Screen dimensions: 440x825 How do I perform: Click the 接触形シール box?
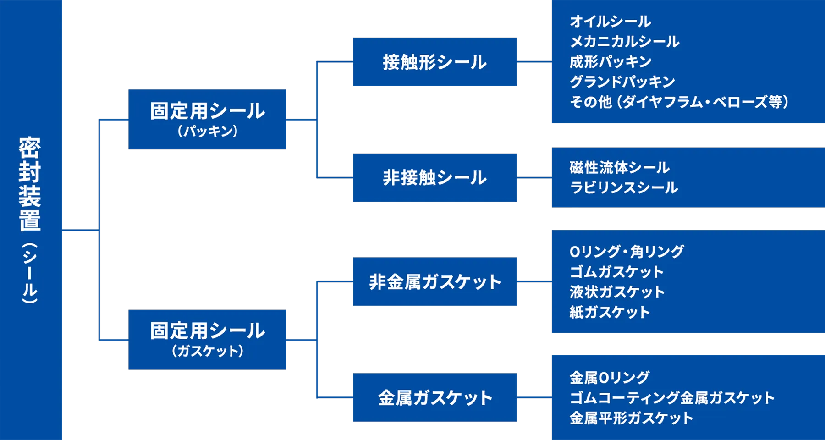[434, 62]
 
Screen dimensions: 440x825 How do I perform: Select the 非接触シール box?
[434, 177]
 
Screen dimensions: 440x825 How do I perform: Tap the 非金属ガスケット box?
[434, 281]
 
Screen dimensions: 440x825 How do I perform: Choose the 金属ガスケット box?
[434, 397]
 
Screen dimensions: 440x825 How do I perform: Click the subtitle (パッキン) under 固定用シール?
[207, 132]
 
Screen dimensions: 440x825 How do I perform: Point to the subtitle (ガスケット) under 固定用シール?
[207, 351]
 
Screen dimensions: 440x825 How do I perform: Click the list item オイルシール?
[610, 21]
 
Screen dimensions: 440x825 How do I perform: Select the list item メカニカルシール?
[624, 41]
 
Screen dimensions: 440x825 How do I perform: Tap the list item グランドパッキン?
[622, 82]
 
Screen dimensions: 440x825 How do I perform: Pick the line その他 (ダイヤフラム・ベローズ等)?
[679, 102]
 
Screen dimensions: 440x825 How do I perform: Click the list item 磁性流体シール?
[619, 167]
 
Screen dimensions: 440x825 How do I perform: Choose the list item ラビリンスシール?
[623, 187]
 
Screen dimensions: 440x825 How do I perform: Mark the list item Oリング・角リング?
[627, 251]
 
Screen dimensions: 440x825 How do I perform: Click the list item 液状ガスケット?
[617, 291]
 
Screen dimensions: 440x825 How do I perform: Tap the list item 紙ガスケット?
[610, 312]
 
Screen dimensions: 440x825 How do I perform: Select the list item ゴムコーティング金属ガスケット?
[671, 397]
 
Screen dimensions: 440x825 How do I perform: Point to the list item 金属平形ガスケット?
[631, 418]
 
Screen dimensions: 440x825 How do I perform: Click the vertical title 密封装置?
[30, 183]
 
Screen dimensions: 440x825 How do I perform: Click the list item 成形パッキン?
[610, 61]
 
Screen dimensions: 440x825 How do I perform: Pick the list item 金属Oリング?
[609, 377]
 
